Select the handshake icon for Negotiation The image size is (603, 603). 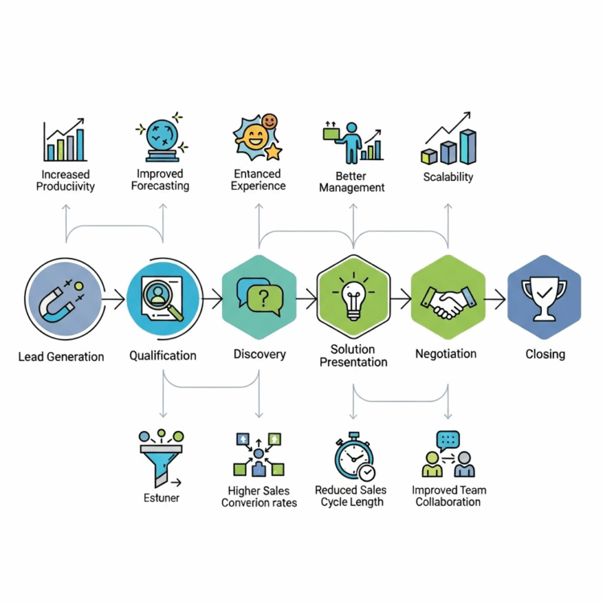[448, 301]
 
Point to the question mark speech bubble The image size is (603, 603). [259, 297]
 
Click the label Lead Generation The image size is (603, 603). [61, 356]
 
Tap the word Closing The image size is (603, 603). [545, 354]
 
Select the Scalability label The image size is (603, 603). [448, 177]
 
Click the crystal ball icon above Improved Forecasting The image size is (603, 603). [162, 138]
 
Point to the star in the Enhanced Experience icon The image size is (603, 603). [273, 150]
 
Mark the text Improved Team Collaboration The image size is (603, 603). [449, 496]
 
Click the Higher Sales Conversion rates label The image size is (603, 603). [259, 497]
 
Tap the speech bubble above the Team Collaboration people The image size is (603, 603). [448, 440]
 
